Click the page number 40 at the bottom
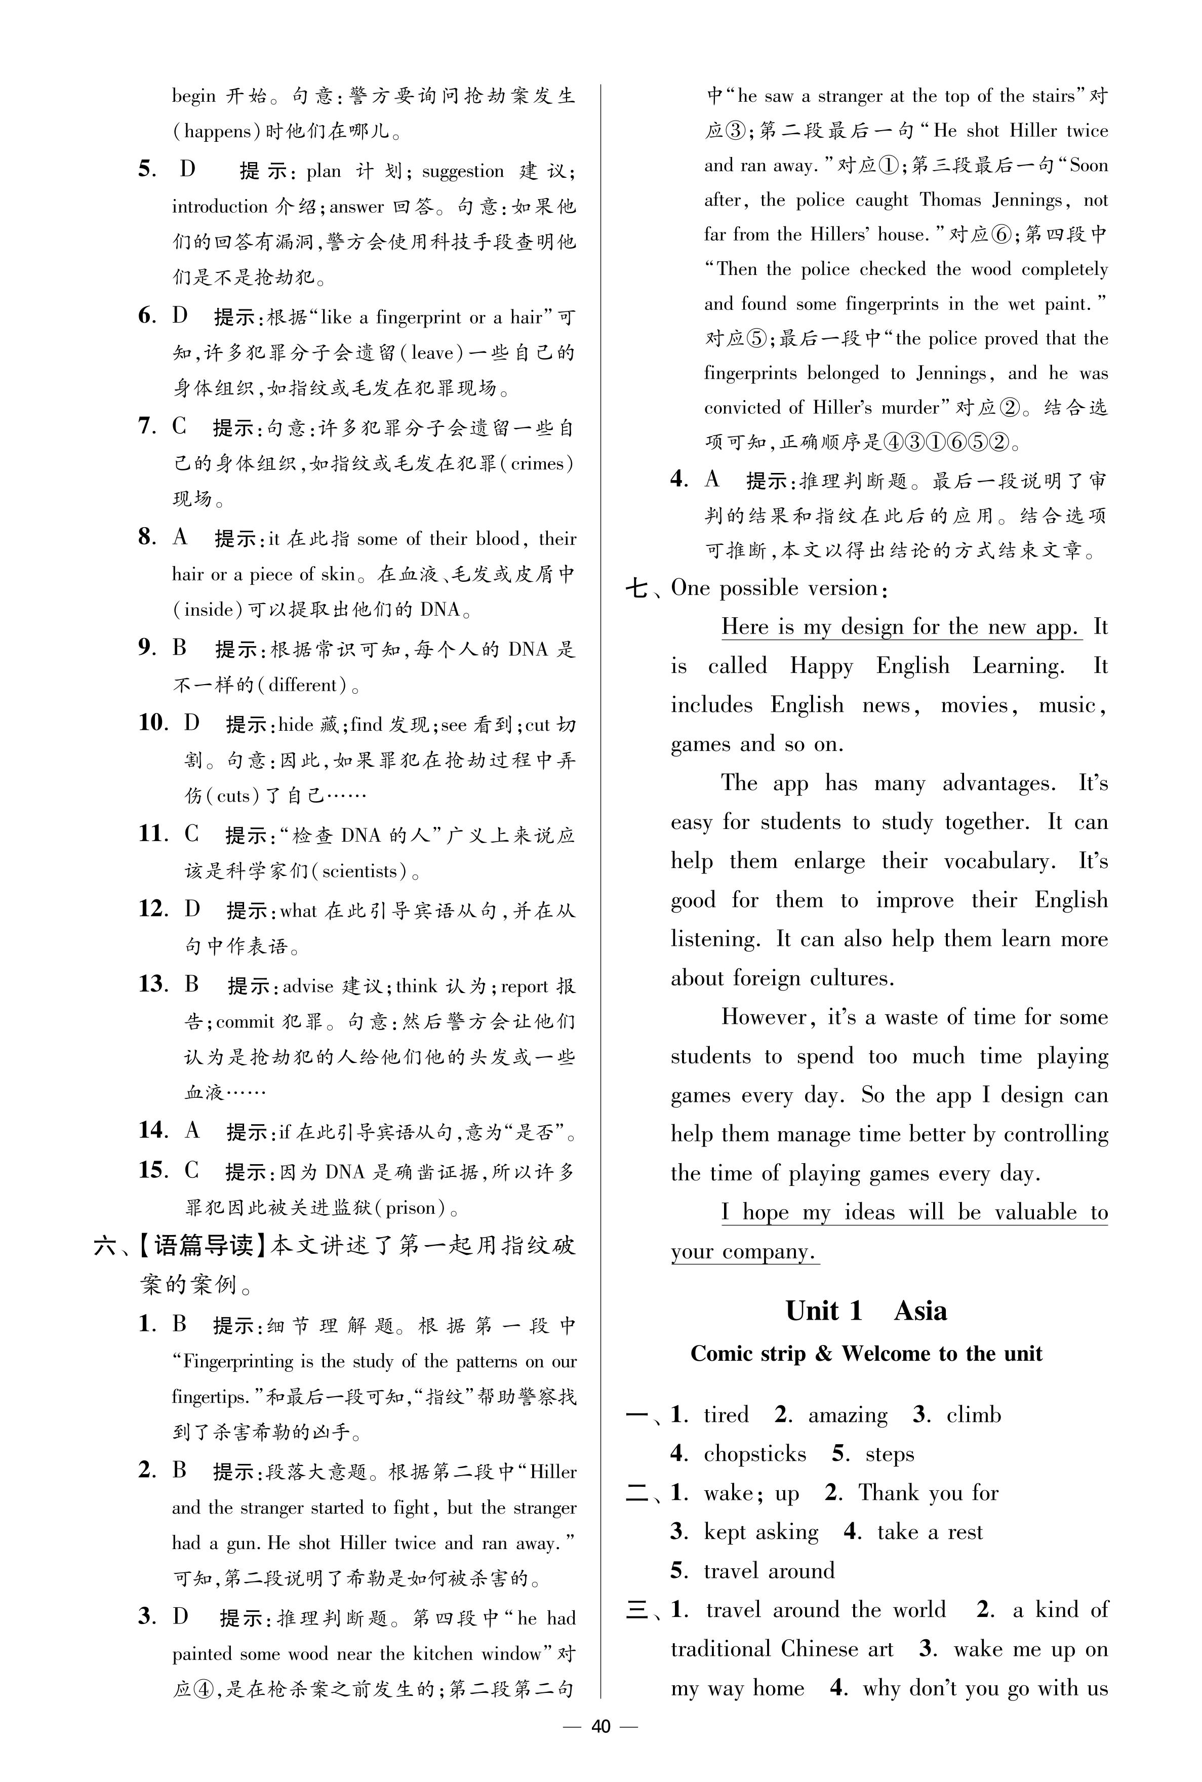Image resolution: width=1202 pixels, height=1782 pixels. tap(600, 1726)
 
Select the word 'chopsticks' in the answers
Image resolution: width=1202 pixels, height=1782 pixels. tap(755, 1454)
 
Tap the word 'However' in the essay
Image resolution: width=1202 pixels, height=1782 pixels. tap(764, 1017)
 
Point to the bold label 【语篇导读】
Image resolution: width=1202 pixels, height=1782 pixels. tap(203, 1246)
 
